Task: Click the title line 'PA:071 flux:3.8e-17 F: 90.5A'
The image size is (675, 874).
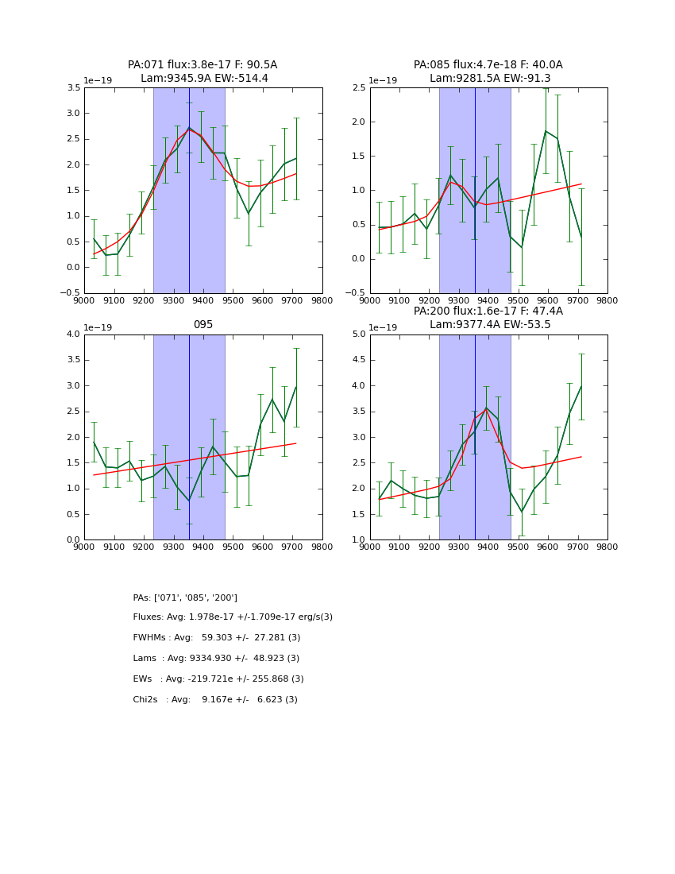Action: click(202, 65)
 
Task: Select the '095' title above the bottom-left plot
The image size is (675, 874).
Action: click(202, 325)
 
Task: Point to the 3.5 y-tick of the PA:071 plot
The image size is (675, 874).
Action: click(71, 88)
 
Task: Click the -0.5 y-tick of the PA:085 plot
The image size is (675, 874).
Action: click(354, 293)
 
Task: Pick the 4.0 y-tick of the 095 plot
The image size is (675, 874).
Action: click(71, 335)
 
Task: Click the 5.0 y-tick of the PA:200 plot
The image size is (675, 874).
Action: click(357, 335)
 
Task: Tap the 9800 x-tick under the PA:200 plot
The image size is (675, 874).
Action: click(607, 546)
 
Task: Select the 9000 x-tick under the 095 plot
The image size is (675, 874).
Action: click(84, 546)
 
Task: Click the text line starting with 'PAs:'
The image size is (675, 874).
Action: click(185, 597)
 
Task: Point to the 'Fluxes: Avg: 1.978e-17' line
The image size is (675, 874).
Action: click(233, 617)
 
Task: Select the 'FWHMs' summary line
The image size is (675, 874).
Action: click(217, 638)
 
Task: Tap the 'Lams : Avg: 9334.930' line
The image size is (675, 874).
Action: click(216, 659)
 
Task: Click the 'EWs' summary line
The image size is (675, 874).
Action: click(218, 679)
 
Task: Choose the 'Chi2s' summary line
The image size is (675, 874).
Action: click(215, 700)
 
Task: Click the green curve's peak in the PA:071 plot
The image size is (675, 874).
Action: click(189, 128)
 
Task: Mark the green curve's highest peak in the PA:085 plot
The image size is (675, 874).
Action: click(546, 131)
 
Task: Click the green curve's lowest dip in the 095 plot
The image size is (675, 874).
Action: click(189, 501)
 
